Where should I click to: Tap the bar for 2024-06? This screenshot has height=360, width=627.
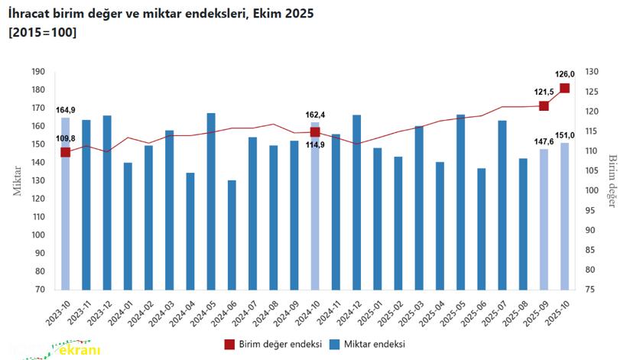(232, 235)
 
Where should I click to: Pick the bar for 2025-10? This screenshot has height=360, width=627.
(564, 216)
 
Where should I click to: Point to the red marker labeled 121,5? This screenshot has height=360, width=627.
(544, 105)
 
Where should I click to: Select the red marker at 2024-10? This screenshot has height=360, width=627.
(315, 132)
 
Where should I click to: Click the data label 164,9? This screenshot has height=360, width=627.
(66, 110)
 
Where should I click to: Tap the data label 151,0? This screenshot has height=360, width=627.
(565, 135)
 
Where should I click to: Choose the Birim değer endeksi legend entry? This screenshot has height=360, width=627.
(272, 344)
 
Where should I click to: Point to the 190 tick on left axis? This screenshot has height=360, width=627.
(37, 72)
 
